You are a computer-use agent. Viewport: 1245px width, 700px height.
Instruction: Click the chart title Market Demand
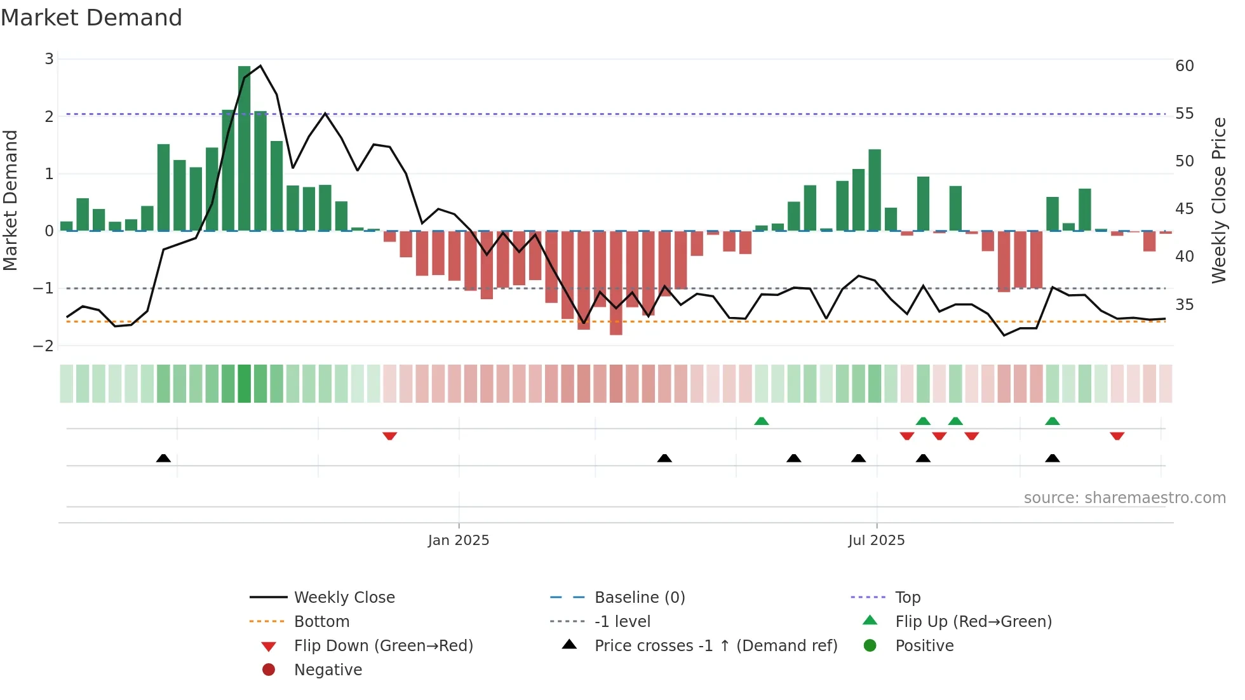point(91,18)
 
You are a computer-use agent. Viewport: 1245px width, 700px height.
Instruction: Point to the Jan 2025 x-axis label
point(459,541)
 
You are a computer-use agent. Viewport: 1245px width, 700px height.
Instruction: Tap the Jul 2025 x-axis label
point(876,541)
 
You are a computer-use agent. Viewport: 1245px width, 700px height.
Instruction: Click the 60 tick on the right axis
point(1184,66)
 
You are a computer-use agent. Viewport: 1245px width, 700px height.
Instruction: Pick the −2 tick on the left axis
point(44,346)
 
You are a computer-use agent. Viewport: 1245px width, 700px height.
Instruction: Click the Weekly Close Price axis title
point(1218,200)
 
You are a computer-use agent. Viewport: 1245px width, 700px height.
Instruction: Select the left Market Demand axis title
point(11,200)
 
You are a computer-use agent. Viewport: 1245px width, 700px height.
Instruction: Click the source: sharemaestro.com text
point(1124,498)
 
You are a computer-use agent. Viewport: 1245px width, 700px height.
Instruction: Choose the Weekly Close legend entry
point(344,598)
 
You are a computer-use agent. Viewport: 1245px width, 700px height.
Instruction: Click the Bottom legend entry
point(321,622)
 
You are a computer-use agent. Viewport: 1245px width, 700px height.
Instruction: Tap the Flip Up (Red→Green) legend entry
point(973,622)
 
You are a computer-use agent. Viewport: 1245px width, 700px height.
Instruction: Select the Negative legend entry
point(328,670)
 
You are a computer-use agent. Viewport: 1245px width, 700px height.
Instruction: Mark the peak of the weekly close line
point(260,65)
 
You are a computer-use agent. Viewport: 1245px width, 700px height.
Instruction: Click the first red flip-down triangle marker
point(390,436)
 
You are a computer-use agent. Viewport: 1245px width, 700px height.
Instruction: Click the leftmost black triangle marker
point(163,458)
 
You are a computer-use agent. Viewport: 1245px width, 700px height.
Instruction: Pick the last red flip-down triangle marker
point(1117,436)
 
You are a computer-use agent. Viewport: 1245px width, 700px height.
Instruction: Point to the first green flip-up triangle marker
point(762,421)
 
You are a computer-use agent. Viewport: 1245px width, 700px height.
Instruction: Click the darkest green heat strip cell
point(245,384)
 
